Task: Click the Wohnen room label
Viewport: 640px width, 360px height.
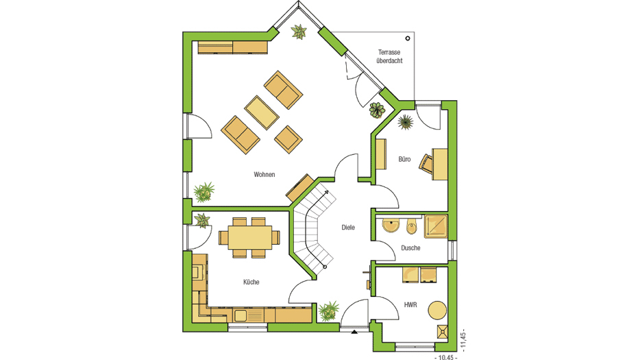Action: click(264, 174)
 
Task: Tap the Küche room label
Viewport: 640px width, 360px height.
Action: click(251, 282)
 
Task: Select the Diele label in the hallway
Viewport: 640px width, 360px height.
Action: click(348, 227)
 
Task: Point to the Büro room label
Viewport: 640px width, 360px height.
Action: click(404, 159)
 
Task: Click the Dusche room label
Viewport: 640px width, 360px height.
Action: click(410, 248)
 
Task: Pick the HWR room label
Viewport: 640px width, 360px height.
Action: click(410, 305)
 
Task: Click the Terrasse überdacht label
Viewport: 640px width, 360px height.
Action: click(389, 56)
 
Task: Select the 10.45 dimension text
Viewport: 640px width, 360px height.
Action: click(445, 357)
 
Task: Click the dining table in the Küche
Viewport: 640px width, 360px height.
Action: click(250, 237)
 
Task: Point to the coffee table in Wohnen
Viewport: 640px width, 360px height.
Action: click(262, 112)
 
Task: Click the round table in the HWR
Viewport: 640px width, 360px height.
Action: click(437, 310)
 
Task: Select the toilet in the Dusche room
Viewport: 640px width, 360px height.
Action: click(411, 226)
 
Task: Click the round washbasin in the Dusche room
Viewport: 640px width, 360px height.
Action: click(391, 225)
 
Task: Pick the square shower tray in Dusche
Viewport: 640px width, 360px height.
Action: click(436, 226)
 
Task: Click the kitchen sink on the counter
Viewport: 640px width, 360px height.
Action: click(241, 315)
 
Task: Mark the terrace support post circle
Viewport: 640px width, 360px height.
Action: click(407, 38)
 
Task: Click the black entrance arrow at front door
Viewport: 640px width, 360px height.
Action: click(354, 332)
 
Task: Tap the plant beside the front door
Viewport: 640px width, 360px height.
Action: click(329, 311)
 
